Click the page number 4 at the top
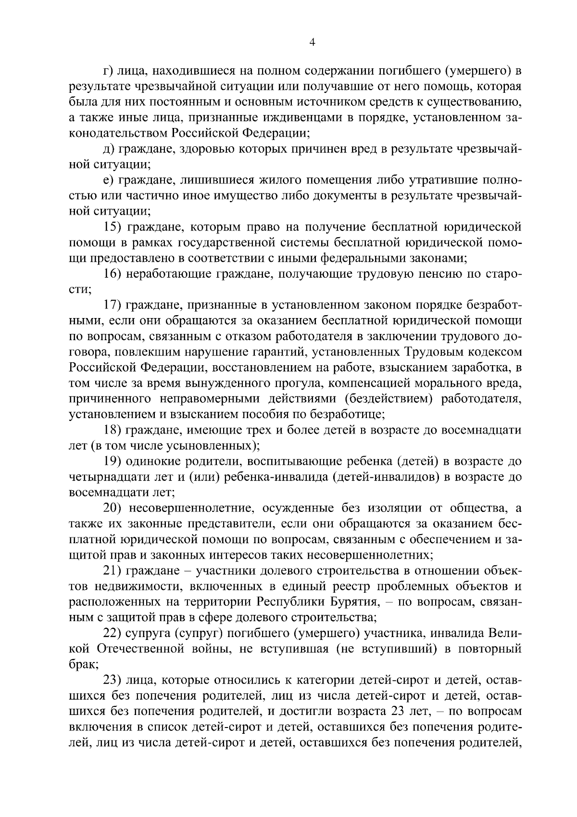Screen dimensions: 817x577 (x=312, y=43)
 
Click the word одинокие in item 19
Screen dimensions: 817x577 (x=153, y=461)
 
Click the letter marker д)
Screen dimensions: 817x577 (x=109, y=149)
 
